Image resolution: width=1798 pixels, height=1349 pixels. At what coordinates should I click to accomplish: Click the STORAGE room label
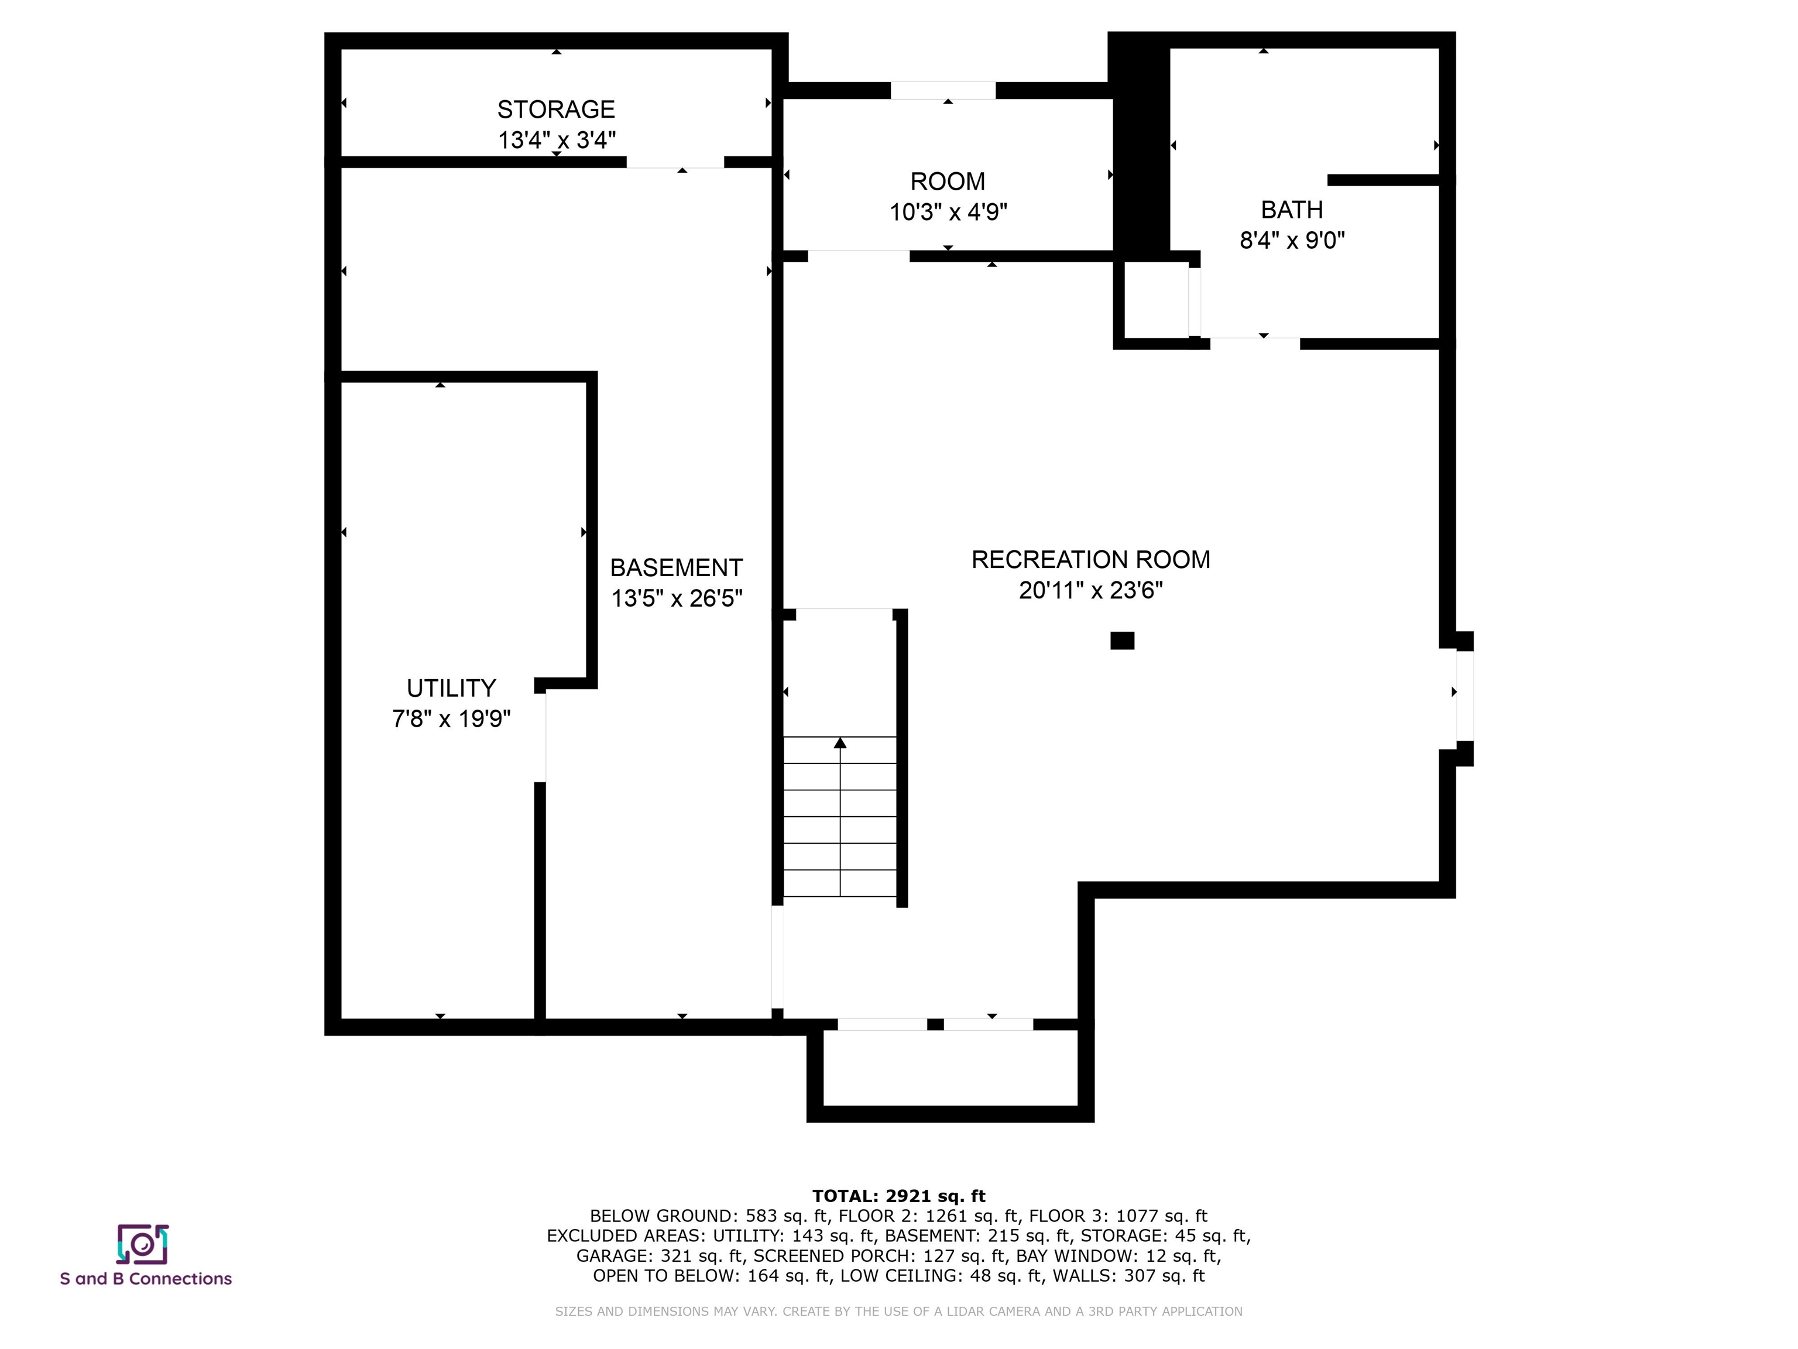(x=556, y=109)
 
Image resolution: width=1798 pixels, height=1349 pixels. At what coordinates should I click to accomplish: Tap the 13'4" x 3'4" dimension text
(x=557, y=140)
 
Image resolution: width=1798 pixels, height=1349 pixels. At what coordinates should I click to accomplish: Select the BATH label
(x=1292, y=210)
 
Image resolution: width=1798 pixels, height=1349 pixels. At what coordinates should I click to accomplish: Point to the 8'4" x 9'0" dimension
(x=1292, y=240)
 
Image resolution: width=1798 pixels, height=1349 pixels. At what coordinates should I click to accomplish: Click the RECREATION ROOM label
(x=1091, y=559)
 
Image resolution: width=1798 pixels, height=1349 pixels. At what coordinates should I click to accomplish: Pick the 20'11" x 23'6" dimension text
(x=1091, y=590)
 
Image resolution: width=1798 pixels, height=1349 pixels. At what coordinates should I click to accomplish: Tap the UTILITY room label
(x=451, y=688)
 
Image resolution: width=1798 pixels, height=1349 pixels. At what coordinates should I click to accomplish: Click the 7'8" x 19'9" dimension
(x=451, y=719)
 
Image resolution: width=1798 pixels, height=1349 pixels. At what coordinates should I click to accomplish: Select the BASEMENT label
(x=676, y=567)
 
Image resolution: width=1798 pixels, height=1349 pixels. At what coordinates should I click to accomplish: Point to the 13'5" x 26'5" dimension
(x=676, y=598)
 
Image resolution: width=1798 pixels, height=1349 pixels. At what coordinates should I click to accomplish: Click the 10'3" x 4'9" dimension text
(x=948, y=212)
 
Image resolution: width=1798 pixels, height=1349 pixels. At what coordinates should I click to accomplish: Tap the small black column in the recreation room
(x=1122, y=641)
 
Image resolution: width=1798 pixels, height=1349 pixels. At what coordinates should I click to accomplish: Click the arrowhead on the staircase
(x=840, y=742)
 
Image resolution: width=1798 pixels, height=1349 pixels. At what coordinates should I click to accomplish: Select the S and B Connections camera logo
(x=143, y=1245)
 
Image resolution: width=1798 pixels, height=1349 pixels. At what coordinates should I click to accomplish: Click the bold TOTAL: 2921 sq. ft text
(x=898, y=1196)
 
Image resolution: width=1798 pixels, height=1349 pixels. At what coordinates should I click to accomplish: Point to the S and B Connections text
(x=146, y=1279)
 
